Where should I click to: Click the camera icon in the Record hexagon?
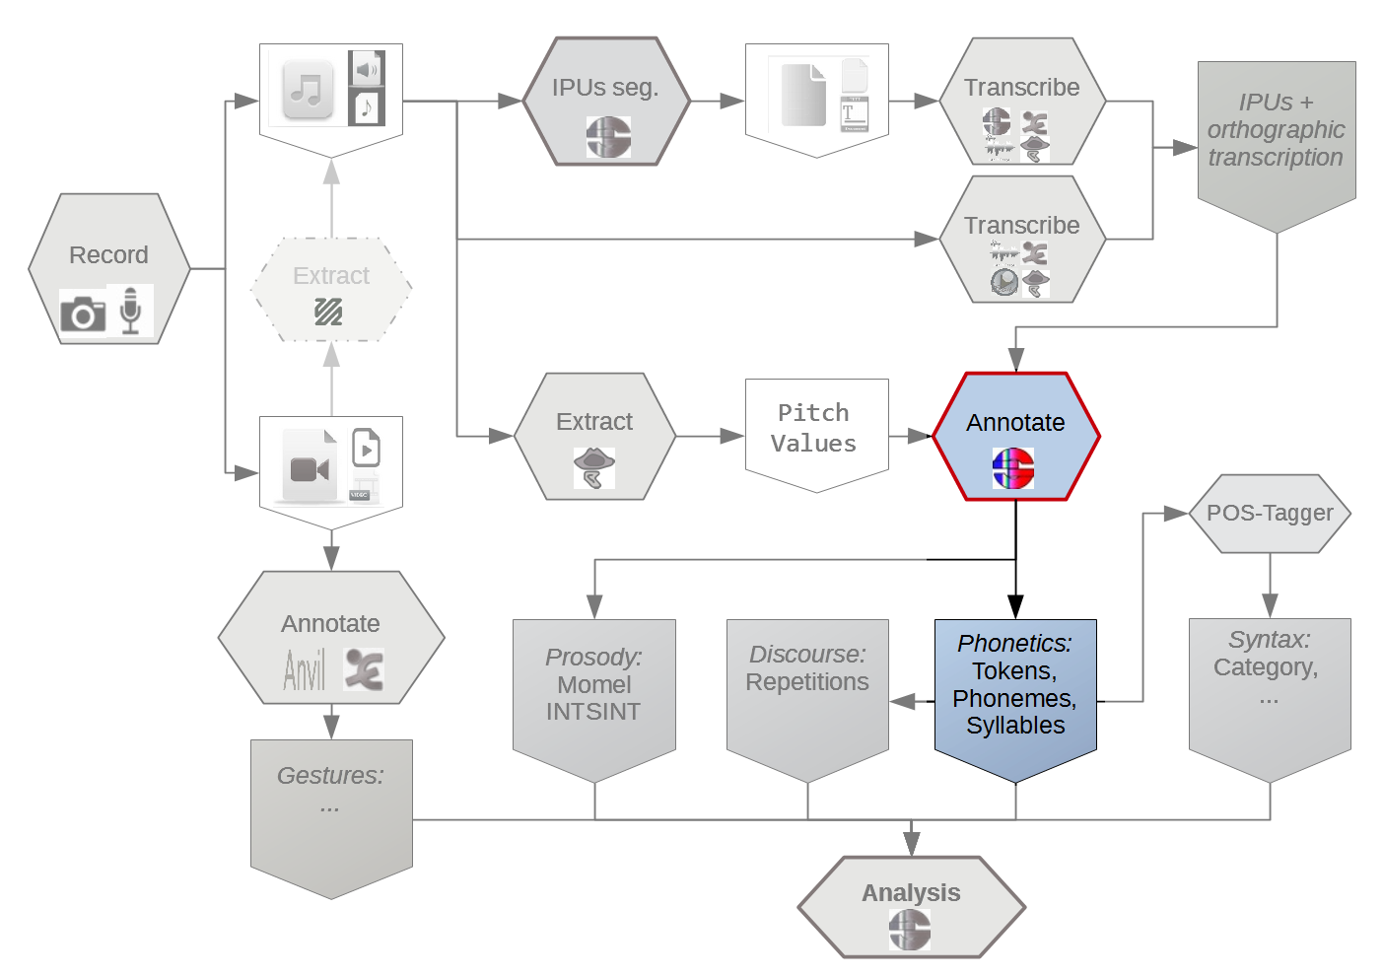point(83,314)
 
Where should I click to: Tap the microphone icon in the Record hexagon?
point(130,310)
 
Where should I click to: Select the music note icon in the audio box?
point(308,90)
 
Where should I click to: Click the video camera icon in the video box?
point(310,469)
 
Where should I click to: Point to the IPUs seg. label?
point(605,88)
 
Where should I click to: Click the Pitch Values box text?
point(813,428)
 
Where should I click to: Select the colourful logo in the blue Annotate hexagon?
point(1013,468)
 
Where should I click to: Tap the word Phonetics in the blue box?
point(1014,644)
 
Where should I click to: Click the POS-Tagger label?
point(1270,513)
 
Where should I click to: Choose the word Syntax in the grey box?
point(1269,640)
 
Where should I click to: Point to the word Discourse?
point(807,655)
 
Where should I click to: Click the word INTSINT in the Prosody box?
point(593,712)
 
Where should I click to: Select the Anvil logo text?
point(305,670)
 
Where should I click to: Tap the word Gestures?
point(330,776)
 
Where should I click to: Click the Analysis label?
point(911,893)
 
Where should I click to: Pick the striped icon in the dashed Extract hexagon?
point(328,312)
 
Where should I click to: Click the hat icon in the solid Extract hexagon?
point(594,468)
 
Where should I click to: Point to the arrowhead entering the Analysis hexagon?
point(911,844)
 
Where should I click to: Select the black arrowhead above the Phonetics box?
point(1015,607)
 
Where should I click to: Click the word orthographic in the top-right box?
point(1276,130)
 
